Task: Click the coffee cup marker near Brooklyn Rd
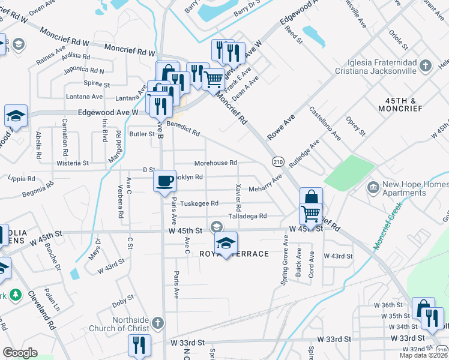(164, 181)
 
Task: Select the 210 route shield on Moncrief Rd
(277, 161)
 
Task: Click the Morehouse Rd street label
(215, 163)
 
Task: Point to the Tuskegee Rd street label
(199, 203)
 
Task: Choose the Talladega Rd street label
(247, 216)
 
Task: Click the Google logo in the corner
(20, 353)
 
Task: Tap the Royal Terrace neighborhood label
(241, 254)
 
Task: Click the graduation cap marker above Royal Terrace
(226, 242)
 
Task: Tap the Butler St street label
(142, 134)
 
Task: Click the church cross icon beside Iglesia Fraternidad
(426, 65)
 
